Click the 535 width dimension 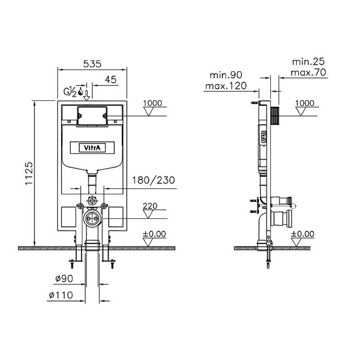pyautogui.click(x=92, y=64)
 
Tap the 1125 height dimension pyautogui.click(x=29, y=174)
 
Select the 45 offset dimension pyautogui.click(x=111, y=80)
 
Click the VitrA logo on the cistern pyautogui.click(x=92, y=148)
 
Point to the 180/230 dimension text pyautogui.click(x=153, y=180)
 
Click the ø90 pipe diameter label pyautogui.click(x=64, y=279)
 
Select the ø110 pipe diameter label pyautogui.click(x=61, y=295)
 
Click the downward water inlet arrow pyautogui.click(x=86, y=95)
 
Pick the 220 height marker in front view pyautogui.click(x=150, y=206)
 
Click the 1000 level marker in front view pyautogui.click(x=153, y=103)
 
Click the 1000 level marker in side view pyautogui.click(x=305, y=103)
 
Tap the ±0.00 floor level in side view pyautogui.click(x=302, y=234)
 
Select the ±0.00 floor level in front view pyautogui.click(x=154, y=234)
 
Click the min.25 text pyautogui.click(x=308, y=62)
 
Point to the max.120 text pyautogui.click(x=226, y=86)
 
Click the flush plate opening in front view pyautogui.click(x=92, y=116)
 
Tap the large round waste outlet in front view pyautogui.click(x=92, y=218)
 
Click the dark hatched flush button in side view pyautogui.click(x=275, y=116)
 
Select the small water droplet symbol pyautogui.click(x=81, y=92)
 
